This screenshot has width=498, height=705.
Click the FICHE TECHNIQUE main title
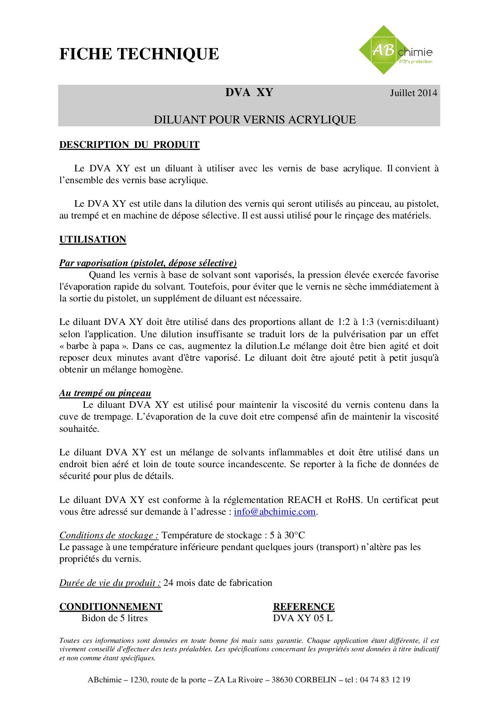[x=139, y=54]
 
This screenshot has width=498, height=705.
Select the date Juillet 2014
[x=413, y=93]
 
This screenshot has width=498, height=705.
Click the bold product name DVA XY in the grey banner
[x=249, y=92]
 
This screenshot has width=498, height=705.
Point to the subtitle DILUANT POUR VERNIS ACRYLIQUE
[x=255, y=120]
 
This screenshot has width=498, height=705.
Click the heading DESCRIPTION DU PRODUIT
[x=129, y=145]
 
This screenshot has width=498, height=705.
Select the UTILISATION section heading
[x=93, y=240]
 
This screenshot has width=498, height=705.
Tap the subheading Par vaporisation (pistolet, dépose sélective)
[x=148, y=263]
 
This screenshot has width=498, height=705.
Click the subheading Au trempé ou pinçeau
[x=105, y=393]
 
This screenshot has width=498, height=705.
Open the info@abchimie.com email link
[x=274, y=512]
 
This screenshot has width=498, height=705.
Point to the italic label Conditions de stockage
[x=109, y=535]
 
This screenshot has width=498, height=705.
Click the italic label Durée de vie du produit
[x=110, y=583]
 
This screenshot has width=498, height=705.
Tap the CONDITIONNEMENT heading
[x=111, y=607]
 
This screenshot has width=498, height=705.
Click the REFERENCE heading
[x=304, y=607]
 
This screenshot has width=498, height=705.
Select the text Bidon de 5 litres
[x=114, y=618]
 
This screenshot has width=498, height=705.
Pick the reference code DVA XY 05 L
[x=303, y=618]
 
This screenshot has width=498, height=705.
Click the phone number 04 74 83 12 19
[x=385, y=680]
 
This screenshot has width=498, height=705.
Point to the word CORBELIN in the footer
[x=315, y=680]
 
